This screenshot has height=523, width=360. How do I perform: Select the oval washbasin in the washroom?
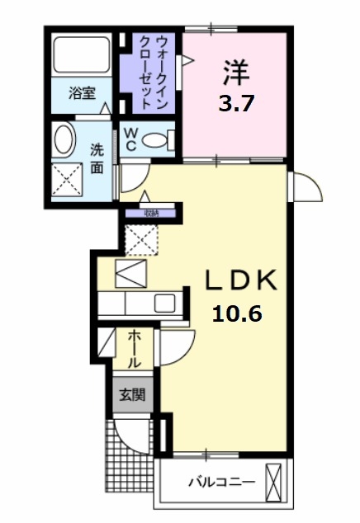63,141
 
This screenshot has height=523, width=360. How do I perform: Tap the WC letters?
131,138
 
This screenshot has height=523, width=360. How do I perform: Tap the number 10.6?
238,313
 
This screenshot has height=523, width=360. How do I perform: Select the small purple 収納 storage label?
149,213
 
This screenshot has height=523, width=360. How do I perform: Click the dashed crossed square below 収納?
141,240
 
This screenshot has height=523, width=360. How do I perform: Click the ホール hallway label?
135,349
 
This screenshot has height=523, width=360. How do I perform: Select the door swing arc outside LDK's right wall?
303,186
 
